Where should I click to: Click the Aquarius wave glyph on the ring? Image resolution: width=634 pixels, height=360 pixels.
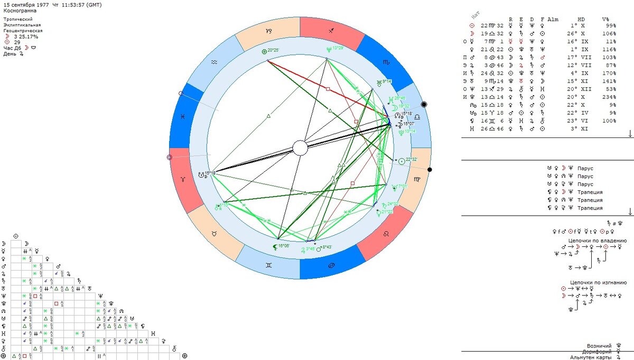point(214,61)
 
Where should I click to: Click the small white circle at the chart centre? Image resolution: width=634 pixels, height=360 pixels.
point(300,147)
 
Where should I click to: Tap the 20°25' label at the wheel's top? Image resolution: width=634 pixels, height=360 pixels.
point(273,51)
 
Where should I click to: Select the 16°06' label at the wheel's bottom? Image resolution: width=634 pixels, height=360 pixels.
point(284,246)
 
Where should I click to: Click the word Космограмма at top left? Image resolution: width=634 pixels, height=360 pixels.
point(20,11)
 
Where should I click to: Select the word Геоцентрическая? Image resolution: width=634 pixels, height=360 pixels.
point(23,31)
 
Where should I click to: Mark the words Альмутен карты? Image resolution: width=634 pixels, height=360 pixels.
point(591,357)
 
